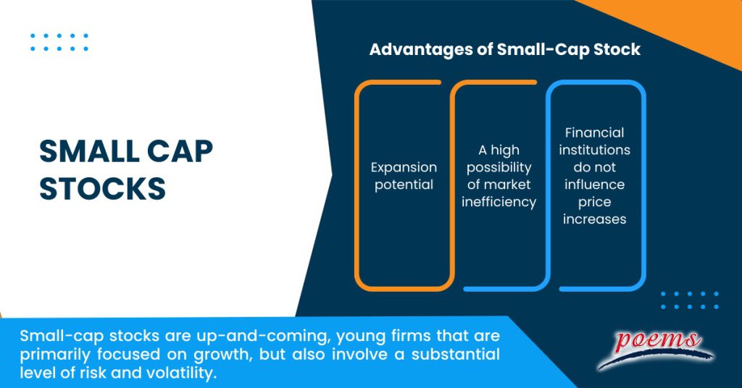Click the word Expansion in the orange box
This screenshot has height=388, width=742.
tap(404, 167)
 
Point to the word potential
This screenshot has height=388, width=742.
tap(404, 185)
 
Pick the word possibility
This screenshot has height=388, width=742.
tap(499, 167)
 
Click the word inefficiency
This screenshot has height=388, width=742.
tap(499, 202)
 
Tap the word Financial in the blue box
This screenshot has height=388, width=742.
tap(594, 132)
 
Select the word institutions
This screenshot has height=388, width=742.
tap(594, 150)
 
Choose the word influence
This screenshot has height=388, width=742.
tap(594, 185)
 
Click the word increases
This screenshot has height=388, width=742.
tap(594, 219)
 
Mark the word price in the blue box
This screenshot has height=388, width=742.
tap(594, 202)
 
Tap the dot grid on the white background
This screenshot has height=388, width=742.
tap(59, 42)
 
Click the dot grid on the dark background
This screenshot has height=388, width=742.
tap(689, 300)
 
